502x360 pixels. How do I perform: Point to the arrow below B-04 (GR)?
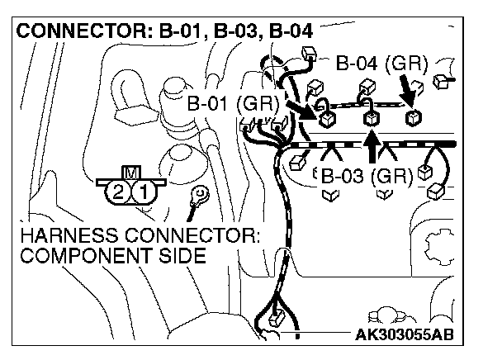click(408, 86)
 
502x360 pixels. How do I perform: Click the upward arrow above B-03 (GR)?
click(372, 147)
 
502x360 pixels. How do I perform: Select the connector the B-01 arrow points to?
click(328, 116)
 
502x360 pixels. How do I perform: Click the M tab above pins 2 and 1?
click(130, 172)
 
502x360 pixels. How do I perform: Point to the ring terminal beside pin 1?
click(199, 195)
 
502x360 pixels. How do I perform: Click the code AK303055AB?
click(408, 334)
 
